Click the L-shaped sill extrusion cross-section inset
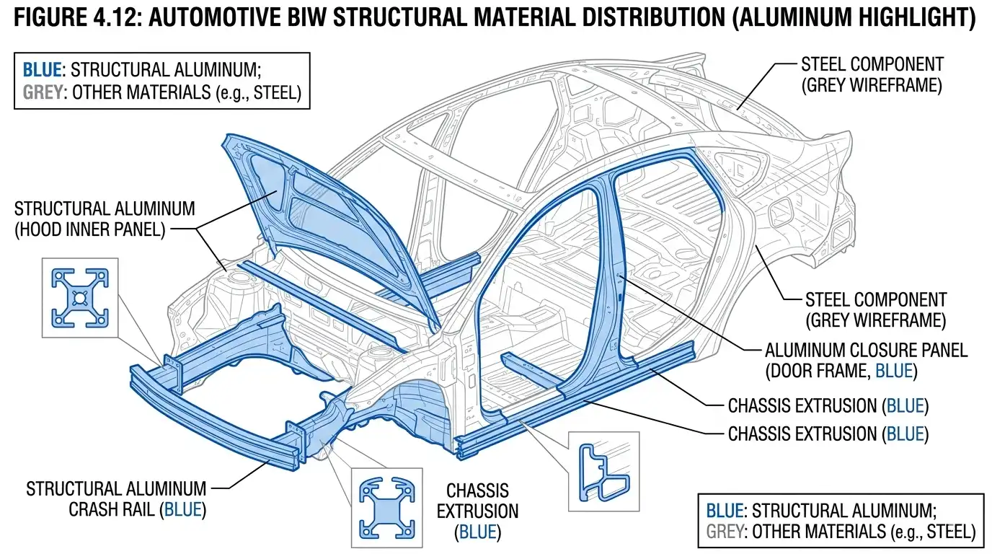coord(603,468)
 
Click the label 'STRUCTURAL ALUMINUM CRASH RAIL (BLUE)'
coord(116,498)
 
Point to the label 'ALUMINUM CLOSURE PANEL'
coord(865,351)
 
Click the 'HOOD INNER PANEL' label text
coord(104,230)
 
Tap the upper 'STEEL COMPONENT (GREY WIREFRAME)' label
coord(871,75)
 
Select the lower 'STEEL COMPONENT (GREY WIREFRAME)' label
coord(874,309)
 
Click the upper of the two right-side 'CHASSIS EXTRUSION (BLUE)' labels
coord(828,405)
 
